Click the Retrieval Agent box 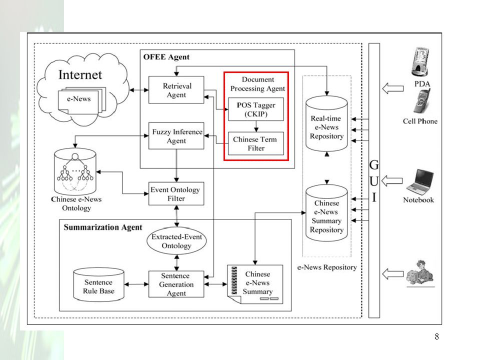[x=176, y=90]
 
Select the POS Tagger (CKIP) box [x=256, y=109]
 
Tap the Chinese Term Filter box [x=256, y=143]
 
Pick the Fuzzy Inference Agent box [x=176, y=136]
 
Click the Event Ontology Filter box [x=176, y=194]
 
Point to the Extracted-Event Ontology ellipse [x=176, y=241]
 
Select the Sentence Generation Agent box [x=176, y=284]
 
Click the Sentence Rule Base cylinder [x=99, y=284]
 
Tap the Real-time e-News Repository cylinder [x=326, y=124]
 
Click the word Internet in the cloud [x=80, y=74]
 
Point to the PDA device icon [x=419, y=61]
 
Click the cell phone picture [x=422, y=101]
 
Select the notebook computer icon [x=420, y=182]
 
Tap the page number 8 [x=437, y=336]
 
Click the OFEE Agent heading [x=166, y=57]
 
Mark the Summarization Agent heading [x=103, y=227]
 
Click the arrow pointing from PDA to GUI [x=393, y=88]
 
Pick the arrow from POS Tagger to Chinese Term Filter [x=256, y=126]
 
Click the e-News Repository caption [x=327, y=267]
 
